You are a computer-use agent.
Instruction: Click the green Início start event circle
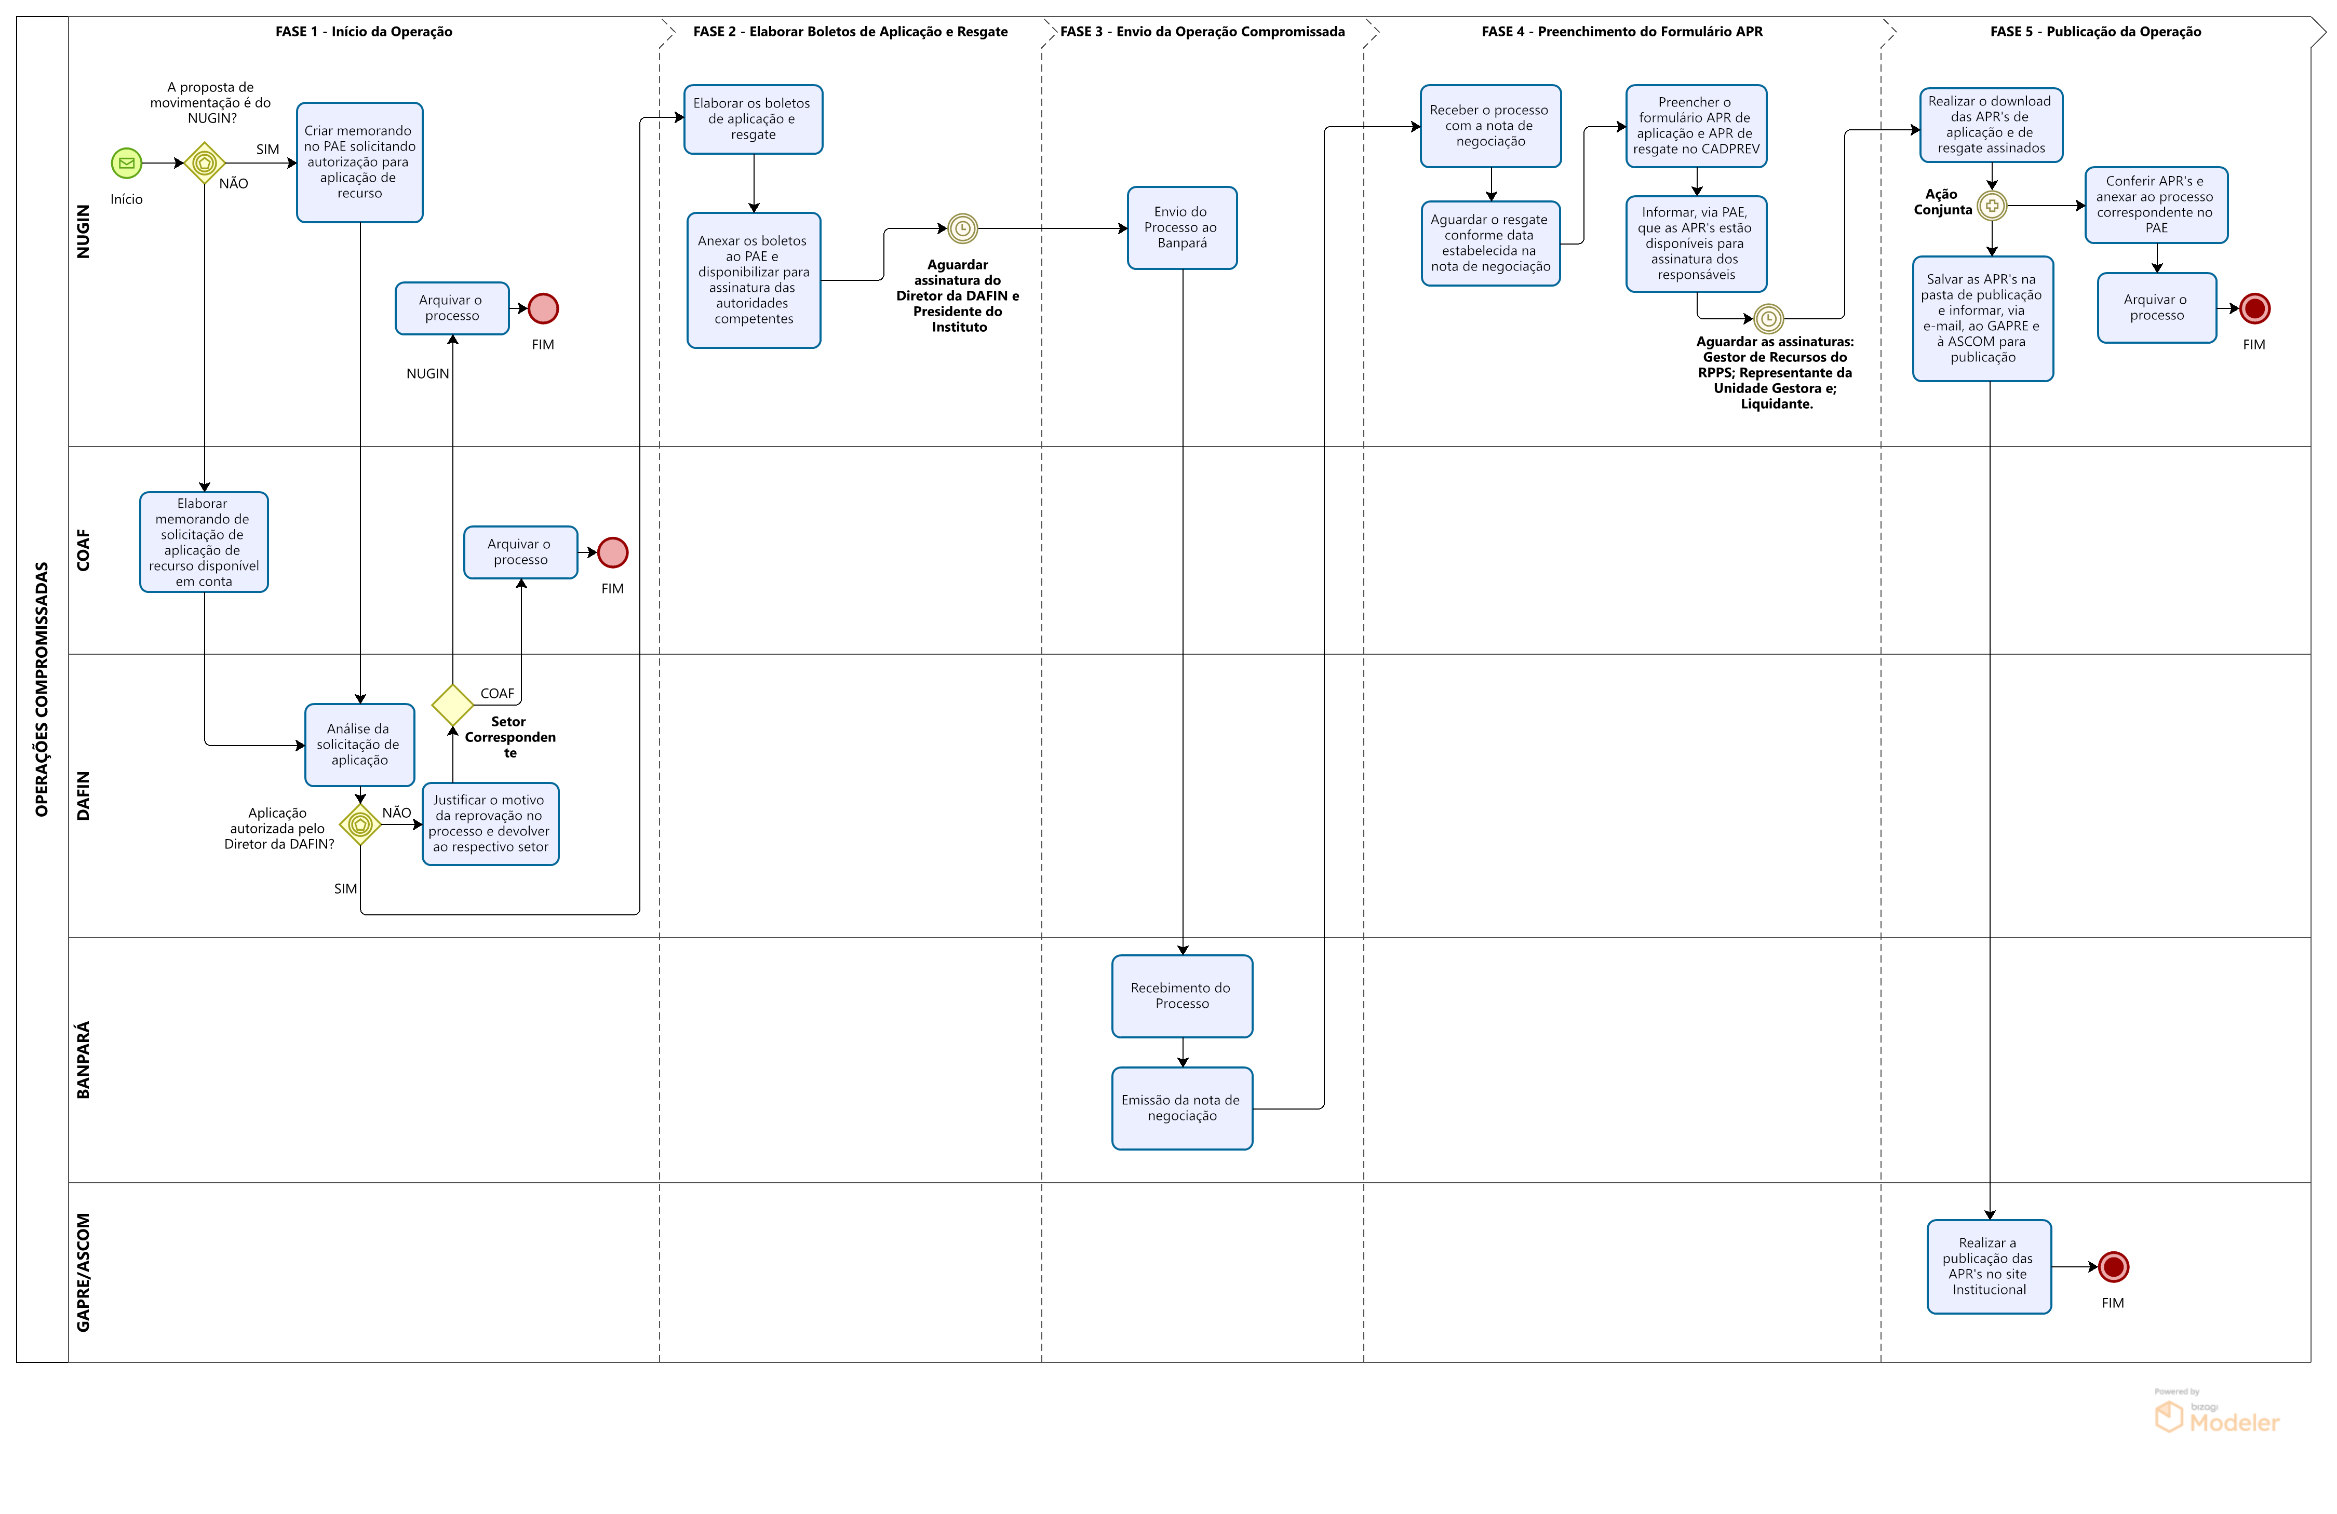[127, 163]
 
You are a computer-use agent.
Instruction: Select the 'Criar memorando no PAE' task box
[359, 162]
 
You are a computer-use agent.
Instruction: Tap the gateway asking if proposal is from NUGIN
[204, 163]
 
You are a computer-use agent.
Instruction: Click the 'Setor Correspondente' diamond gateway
[453, 705]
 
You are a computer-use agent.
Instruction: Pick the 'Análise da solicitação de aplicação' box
[359, 744]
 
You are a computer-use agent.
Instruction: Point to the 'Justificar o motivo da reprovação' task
[490, 824]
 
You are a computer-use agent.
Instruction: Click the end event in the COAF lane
[613, 553]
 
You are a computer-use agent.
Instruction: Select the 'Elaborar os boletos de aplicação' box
[753, 119]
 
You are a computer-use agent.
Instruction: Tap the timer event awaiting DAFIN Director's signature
[962, 229]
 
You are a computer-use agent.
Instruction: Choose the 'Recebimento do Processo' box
[1181, 996]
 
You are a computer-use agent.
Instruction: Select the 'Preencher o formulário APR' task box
[1696, 126]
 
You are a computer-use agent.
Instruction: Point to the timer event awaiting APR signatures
[1768, 319]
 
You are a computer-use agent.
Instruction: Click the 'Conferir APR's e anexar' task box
[2156, 204]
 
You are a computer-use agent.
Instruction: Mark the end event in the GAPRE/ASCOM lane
[2113, 1266]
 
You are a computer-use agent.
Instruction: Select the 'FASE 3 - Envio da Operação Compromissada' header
[1202, 32]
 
